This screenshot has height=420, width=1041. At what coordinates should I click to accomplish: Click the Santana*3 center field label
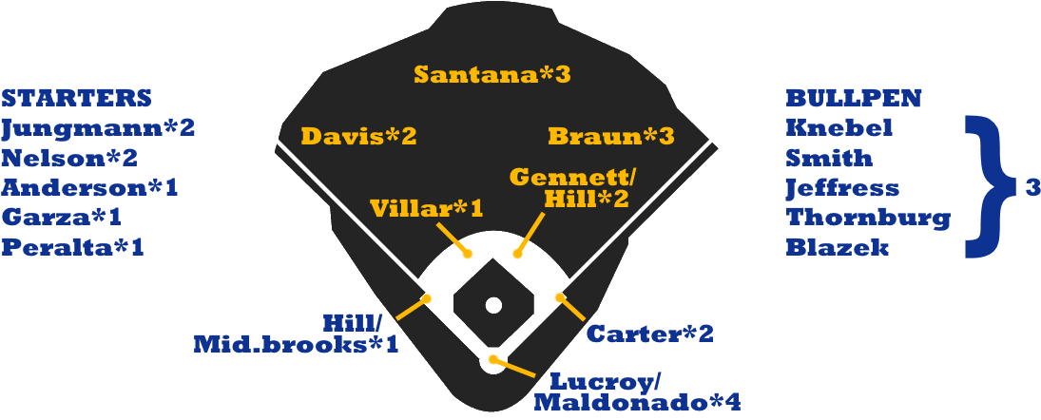492,74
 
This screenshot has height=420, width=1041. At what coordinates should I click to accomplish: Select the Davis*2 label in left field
358,136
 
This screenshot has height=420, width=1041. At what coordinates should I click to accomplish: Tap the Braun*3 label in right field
611,136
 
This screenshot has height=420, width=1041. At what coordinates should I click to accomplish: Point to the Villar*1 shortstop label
426,208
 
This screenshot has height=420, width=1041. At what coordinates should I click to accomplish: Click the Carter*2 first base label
649,334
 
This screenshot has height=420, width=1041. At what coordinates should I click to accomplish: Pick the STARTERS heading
76,98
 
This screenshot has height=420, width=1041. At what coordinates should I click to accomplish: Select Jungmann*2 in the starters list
98,127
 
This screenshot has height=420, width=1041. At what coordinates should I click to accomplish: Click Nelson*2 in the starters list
69,158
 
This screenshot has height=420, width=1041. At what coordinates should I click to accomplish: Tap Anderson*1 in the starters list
89,187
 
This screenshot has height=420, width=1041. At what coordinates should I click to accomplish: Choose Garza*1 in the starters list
61,217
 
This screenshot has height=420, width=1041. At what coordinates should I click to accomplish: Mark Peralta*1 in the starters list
72,247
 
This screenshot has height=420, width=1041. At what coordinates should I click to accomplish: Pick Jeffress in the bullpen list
841,187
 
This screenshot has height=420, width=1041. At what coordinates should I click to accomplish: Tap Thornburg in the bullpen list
867,218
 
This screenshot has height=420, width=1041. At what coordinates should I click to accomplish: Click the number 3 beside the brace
1032,188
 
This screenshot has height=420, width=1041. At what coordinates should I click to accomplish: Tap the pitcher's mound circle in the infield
492,305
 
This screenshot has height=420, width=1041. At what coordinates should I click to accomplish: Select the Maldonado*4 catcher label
636,402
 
